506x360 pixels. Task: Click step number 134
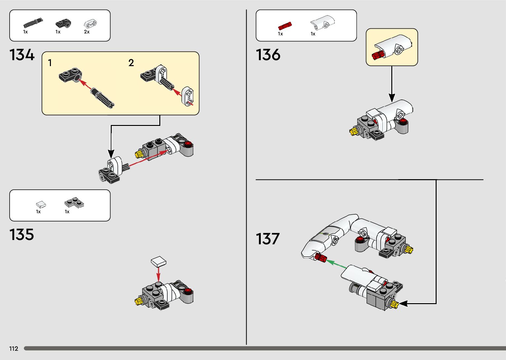coord(22,55)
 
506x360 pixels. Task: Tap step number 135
coord(22,235)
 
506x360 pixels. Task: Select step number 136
coord(268,55)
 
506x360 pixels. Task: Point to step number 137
coord(268,239)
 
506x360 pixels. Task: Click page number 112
coord(14,349)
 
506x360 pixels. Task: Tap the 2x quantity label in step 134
coord(87,32)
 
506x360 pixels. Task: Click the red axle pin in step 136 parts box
coord(285,26)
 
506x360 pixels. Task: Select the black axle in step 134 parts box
coord(33,23)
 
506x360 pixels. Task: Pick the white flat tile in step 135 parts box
coord(41,205)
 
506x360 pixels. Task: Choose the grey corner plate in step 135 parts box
coord(74,202)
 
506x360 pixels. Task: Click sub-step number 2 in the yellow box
coord(131,63)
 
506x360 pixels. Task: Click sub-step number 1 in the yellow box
coord(50,63)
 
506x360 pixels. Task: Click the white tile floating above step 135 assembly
coord(159,261)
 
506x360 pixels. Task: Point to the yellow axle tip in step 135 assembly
coord(138,301)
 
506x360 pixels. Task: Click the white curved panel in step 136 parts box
coord(323,22)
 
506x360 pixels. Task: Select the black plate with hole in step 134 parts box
coord(63,23)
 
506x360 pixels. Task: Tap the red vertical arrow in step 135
coord(159,274)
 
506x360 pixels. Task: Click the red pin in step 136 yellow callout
coord(377,56)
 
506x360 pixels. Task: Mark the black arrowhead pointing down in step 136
coord(392,98)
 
